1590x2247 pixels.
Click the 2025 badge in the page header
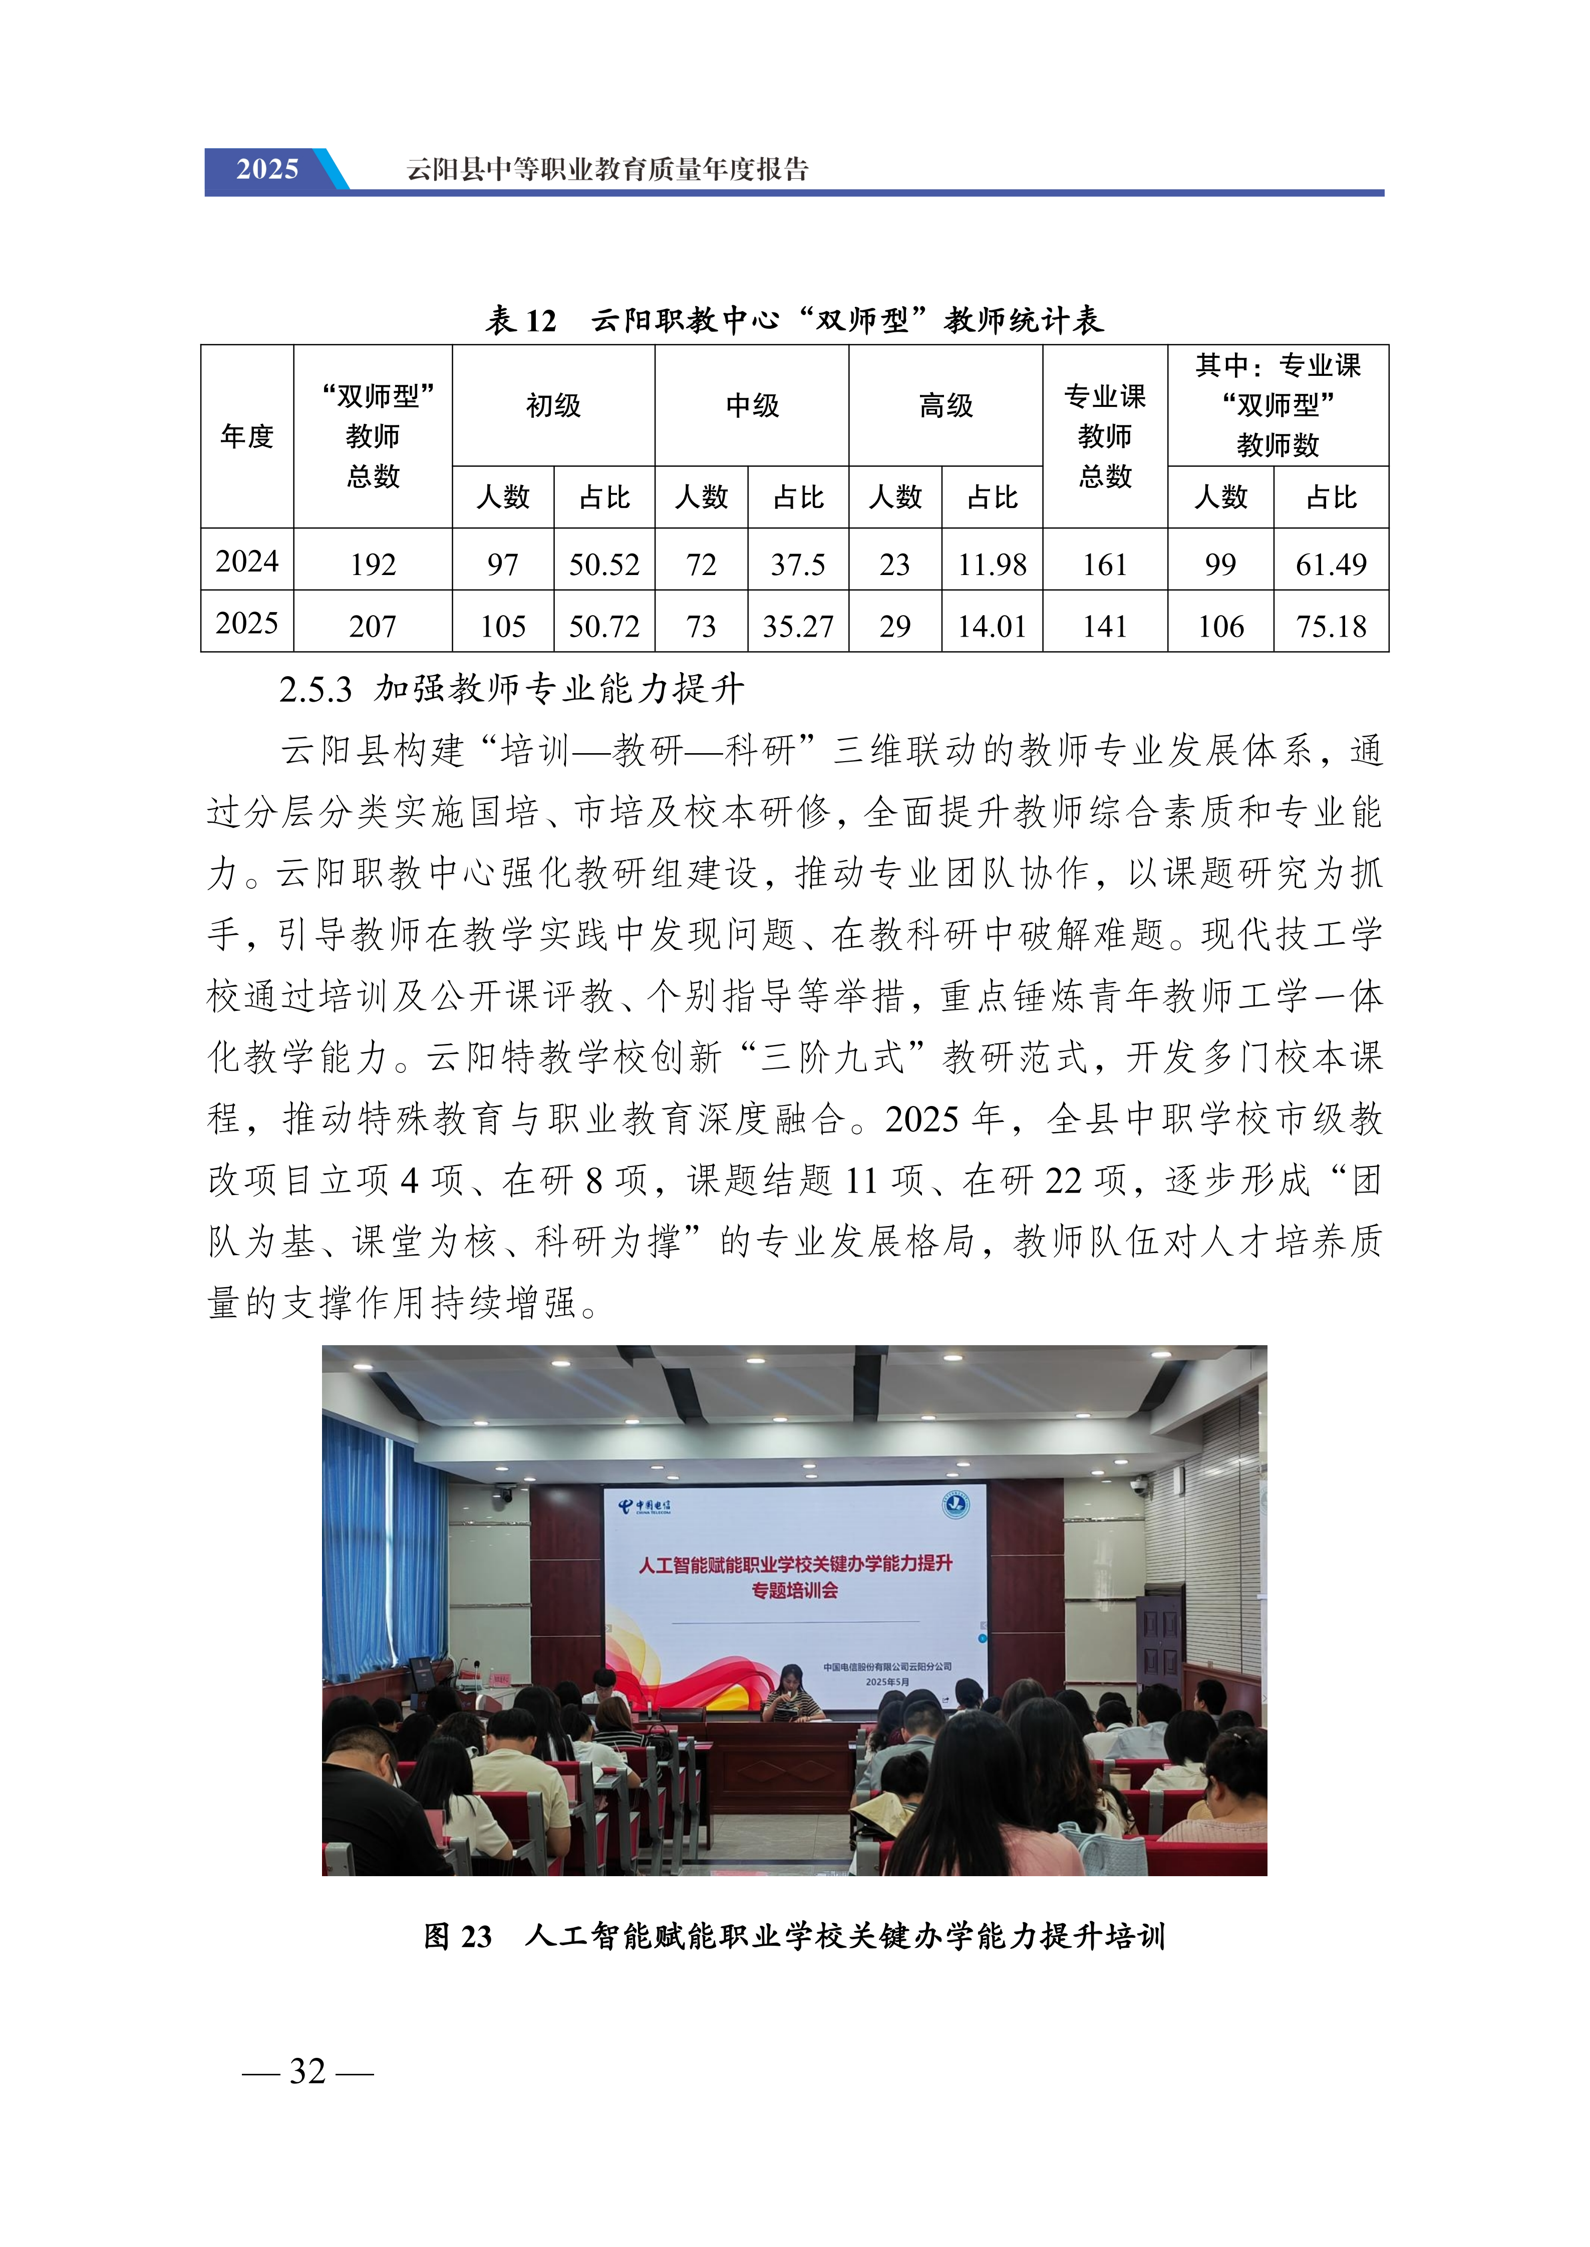click(267, 169)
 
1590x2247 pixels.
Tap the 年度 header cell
click(247, 436)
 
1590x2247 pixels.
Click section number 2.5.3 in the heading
click(315, 690)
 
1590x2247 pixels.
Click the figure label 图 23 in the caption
click(457, 1936)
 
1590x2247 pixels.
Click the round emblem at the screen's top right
click(955, 1504)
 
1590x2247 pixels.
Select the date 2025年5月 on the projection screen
click(887, 1681)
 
